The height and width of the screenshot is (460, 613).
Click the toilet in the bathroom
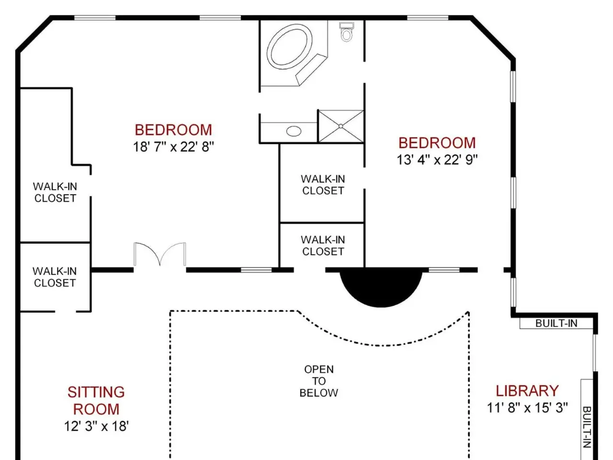pos(346,32)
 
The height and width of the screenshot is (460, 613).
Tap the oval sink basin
pos(294,131)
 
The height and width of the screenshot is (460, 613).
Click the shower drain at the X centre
pos(341,126)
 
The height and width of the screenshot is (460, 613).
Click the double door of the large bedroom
pos(160,254)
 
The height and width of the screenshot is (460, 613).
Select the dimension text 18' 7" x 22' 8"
pos(173,147)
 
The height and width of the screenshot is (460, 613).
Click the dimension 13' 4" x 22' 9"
pos(437,160)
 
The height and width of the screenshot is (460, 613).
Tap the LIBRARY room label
pos(527,391)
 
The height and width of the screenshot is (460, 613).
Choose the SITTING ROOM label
pos(96,401)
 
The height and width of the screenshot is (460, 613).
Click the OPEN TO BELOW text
pos(318,381)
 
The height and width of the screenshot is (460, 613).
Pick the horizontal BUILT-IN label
pos(556,323)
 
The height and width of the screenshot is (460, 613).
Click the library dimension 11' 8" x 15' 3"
pos(527,408)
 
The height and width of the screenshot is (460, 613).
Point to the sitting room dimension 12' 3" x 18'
pos(96,426)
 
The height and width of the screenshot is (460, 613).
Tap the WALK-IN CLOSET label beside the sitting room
pos(55,277)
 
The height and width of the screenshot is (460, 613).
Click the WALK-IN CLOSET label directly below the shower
pos(323,185)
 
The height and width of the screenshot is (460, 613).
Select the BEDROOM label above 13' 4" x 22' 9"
pos(437,143)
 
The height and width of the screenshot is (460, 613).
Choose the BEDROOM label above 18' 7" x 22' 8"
pos(173,130)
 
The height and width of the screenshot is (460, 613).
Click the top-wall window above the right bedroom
pos(428,18)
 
